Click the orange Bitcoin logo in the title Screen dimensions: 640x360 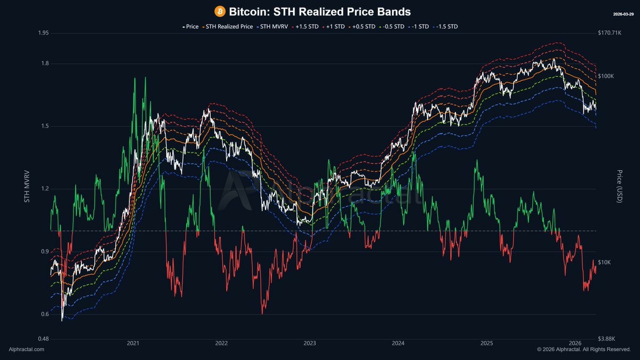[220, 12]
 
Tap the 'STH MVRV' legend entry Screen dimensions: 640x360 [273, 27]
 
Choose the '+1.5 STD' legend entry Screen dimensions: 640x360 [305, 27]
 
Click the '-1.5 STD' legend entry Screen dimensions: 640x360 [447, 27]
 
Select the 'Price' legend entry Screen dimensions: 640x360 [190, 27]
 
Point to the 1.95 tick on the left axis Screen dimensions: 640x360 [43, 33]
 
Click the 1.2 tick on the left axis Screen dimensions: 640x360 [45, 189]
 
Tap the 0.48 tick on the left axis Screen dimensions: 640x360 [43, 339]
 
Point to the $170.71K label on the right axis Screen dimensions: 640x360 [610, 33]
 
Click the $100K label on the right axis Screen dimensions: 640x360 [606, 76]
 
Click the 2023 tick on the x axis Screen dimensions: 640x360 [310, 343]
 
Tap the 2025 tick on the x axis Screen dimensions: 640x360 [486, 343]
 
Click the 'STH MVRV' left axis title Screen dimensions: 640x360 [27, 187]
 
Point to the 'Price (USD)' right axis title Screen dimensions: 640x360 [619, 186]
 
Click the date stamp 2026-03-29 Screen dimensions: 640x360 [623, 14]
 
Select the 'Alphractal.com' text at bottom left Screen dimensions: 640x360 [26, 349]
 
